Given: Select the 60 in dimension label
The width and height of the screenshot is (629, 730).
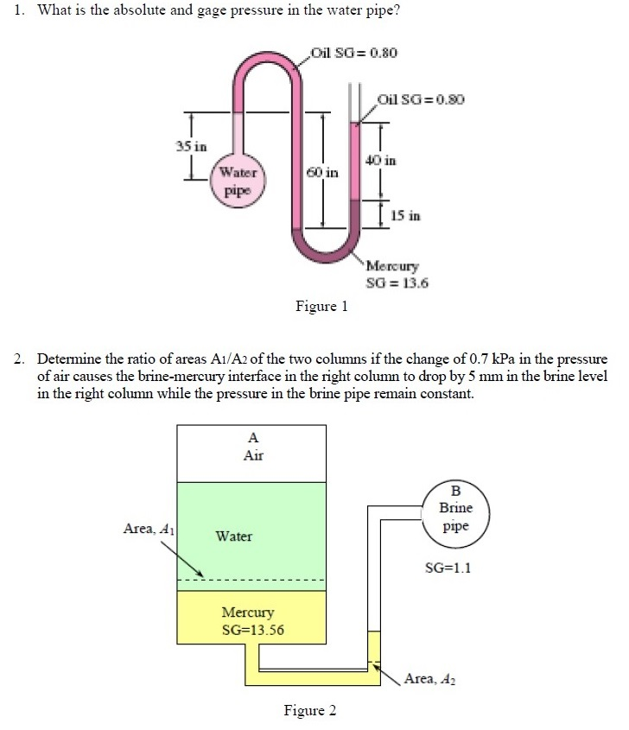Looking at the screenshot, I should click(x=325, y=174).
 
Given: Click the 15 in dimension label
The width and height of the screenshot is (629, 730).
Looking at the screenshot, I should click(x=406, y=215).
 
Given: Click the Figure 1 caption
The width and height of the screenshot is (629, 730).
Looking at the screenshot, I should click(x=321, y=306).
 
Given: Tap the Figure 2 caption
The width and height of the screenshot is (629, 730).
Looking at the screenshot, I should click(x=310, y=710).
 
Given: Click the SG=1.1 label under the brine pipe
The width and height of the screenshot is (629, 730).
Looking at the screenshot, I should click(x=448, y=568).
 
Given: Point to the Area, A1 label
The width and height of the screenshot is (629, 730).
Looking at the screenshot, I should click(x=149, y=529).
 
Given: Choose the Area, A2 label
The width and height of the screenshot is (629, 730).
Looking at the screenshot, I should click(x=429, y=679).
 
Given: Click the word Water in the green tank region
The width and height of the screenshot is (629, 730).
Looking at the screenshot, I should click(x=233, y=536).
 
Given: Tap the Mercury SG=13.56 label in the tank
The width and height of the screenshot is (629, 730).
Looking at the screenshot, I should click(x=252, y=620).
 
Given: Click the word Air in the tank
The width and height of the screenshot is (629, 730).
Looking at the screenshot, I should click(x=253, y=455).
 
